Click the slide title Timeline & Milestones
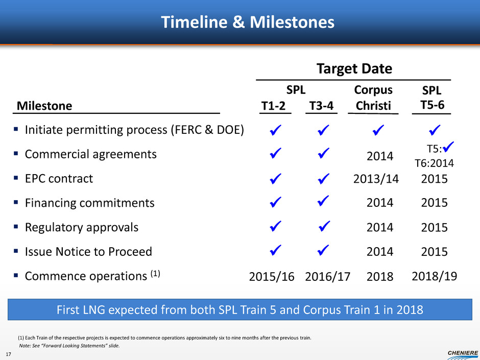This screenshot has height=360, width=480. pyautogui.click(x=248, y=22)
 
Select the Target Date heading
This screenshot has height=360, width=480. pyautogui.click(x=354, y=68)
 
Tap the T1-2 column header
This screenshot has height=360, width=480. pyautogui.click(x=273, y=106)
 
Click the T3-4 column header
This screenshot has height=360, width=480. pyautogui.click(x=321, y=106)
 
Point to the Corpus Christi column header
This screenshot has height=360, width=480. pyautogui.click(x=373, y=98)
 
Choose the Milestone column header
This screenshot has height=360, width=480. pyautogui.click(x=44, y=106)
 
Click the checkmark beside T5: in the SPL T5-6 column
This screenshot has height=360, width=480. pyautogui.click(x=448, y=147)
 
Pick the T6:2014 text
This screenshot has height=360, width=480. pyautogui.click(x=434, y=163)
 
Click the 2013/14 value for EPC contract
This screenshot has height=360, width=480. pyautogui.click(x=376, y=179)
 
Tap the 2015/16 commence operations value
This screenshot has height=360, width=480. pyautogui.click(x=272, y=277)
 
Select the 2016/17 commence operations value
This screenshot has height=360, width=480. pyautogui.click(x=327, y=277)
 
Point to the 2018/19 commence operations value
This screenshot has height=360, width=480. pyautogui.click(x=434, y=276)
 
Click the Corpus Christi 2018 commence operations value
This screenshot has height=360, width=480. pyautogui.click(x=379, y=277)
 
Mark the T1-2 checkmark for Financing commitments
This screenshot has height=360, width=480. pyautogui.click(x=276, y=202)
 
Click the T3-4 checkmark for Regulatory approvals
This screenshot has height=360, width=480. pyautogui.click(x=324, y=226)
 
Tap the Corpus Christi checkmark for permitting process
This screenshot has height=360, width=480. pyautogui.click(x=378, y=130)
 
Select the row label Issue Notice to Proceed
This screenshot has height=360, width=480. pyautogui.click(x=88, y=252)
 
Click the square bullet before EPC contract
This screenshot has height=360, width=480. pyautogui.click(x=16, y=178)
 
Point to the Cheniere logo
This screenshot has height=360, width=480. pyautogui.click(x=463, y=354)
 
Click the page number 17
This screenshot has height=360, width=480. pyautogui.click(x=8, y=354)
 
